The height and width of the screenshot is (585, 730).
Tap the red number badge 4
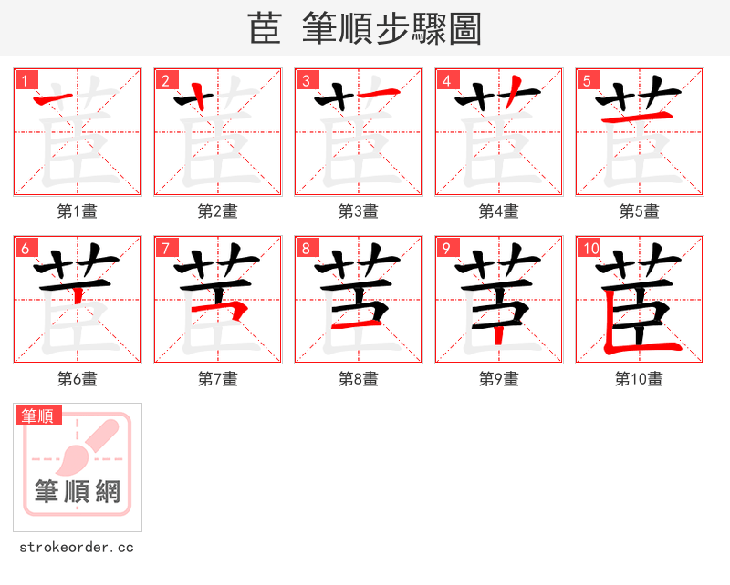[x=446, y=80]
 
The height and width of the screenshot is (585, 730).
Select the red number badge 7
[x=165, y=248]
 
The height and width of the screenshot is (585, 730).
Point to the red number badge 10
[x=589, y=248]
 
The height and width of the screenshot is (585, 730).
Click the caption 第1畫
[x=78, y=211]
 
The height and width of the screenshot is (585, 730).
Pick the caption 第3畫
[x=359, y=211]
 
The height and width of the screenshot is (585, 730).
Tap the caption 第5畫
[x=639, y=211]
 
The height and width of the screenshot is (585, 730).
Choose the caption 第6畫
[x=78, y=379]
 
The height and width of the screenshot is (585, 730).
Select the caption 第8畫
[x=359, y=379]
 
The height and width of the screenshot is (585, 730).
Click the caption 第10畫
[x=639, y=379]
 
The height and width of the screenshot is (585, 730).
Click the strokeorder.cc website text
[x=77, y=548]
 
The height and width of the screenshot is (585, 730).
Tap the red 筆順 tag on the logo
[x=38, y=416]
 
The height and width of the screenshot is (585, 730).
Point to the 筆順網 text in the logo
[x=78, y=492]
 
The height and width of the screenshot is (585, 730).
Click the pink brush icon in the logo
[x=87, y=446]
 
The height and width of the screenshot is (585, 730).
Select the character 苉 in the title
[x=265, y=29]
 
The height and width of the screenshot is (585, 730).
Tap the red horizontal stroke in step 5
[x=638, y=118]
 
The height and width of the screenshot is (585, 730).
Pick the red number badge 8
[x=306, y=248]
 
